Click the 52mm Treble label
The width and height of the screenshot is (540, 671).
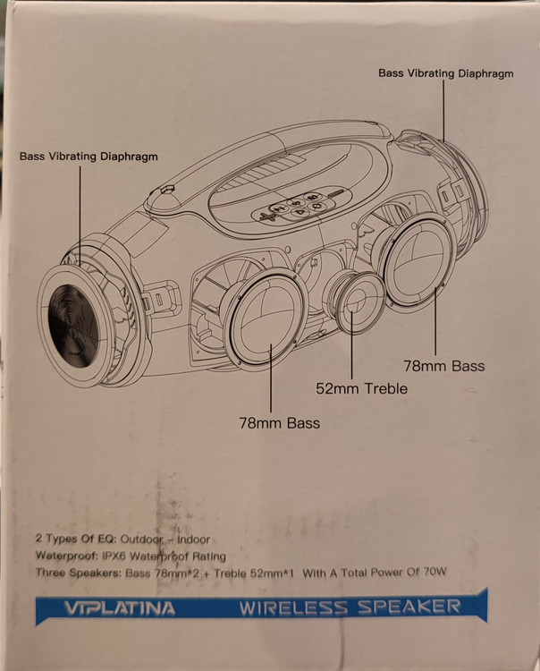coord(361,388)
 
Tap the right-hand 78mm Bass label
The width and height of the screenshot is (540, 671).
coord(444,365)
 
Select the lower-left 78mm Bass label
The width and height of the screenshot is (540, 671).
coord(279,422)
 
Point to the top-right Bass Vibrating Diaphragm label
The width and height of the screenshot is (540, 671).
coord(445,73)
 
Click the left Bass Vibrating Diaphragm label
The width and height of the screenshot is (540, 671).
coord(89,156)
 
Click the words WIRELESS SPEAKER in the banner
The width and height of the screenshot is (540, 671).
coord(350,608)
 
